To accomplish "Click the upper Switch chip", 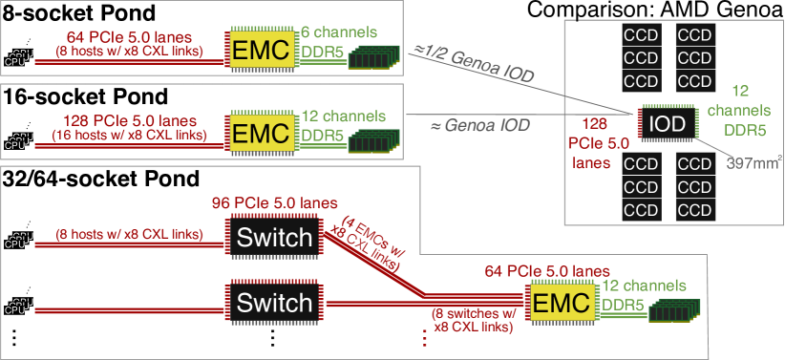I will [274, 237].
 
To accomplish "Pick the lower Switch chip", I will [274, 304].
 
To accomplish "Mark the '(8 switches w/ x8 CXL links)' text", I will [473, 321].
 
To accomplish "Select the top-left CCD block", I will [640, 34].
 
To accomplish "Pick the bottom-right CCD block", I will [694, 210].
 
